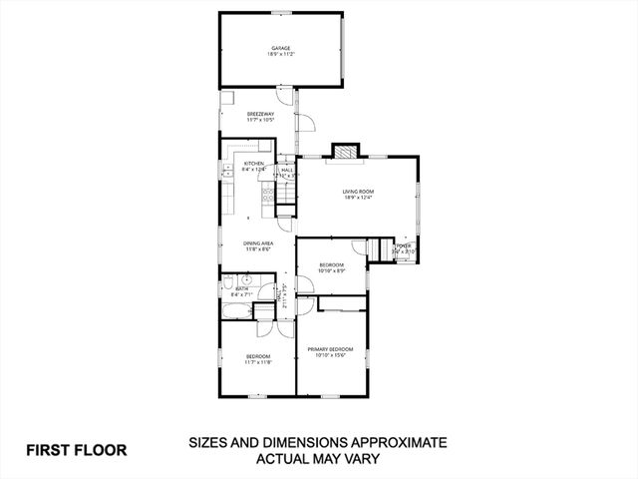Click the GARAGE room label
pos(280,48)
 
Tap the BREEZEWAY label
pos(261,114)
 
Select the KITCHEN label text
pos(254,164)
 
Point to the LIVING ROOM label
pos(357,191)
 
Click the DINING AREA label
pos(258,242)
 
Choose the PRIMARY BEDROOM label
pos(330,348)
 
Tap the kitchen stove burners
pos(267,201)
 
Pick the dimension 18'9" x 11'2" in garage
pos(280,54)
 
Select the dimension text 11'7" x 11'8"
pos(258,362)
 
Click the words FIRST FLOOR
pos(77,450)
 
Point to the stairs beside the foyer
pos(379,249)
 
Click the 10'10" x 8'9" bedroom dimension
pos(331,270)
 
